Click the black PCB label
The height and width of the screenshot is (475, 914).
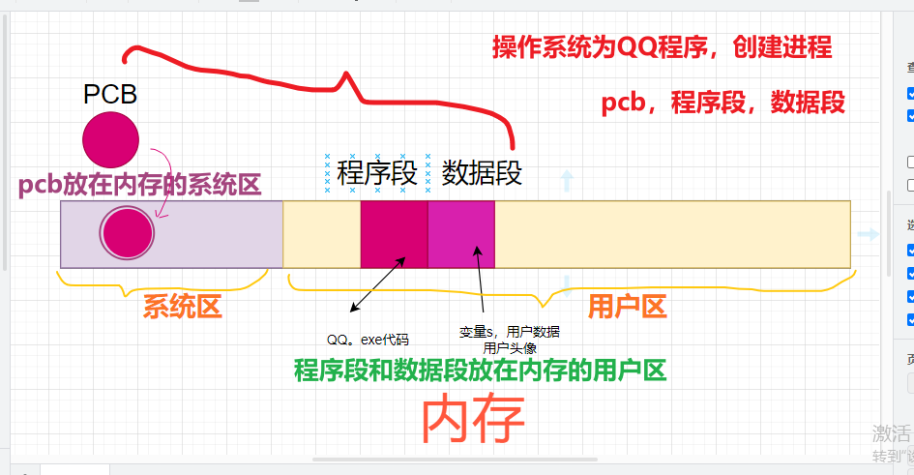point(110,94)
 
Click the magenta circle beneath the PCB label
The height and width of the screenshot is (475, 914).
point(110,139)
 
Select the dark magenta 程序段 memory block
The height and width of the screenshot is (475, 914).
point(394,234)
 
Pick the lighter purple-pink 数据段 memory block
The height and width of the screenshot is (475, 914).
point(460,234)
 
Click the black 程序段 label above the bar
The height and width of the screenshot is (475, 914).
point(377,173)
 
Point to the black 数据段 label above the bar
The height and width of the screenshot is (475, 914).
point(482,173)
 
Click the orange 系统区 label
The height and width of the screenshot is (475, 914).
point(183,307)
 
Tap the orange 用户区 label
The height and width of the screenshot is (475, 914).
point(628,307)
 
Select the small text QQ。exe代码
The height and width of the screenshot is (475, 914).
point(368,340)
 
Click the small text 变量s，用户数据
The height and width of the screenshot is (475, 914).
point(509,332)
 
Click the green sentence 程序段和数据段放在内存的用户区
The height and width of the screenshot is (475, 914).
point(481,370)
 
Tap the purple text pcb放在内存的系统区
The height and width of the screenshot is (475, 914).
point(139,186)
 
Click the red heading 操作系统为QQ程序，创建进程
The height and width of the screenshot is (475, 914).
point(662,47)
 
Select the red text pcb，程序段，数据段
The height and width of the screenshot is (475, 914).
point(722,103)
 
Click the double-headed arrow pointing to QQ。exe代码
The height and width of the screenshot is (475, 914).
point(377,284)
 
